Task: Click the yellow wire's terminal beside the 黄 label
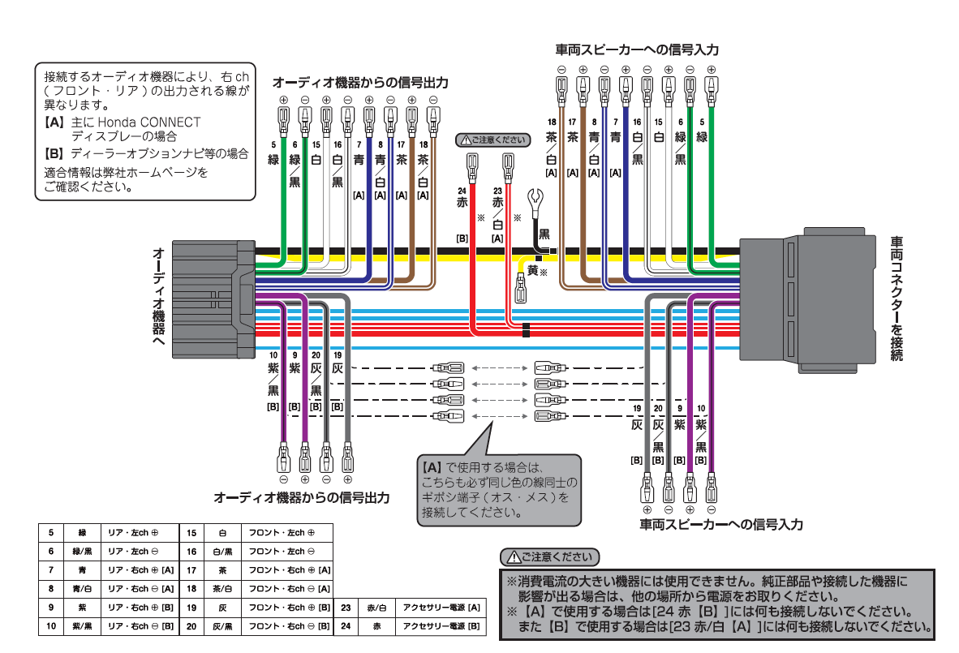(x=520, y=288)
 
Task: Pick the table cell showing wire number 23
(x=346, y=608)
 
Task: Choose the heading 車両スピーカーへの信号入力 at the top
(x=636, y=50)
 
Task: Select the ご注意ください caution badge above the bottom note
(x=549, y=556)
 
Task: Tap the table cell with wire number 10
(x=51, y=626)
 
